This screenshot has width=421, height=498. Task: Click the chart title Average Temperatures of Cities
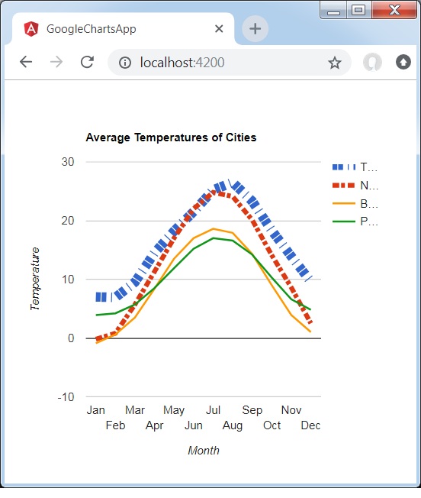[x=171, y=138]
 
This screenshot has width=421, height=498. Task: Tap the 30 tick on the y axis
[x=68, y=162]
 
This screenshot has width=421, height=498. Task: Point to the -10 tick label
[x=66, y=397]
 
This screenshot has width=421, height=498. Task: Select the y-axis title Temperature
[x=35, y=279]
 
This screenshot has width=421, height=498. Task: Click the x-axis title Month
[x=204, y=451]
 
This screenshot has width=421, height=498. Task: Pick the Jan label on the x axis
[x=96, y=410]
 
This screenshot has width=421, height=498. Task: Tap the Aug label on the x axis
[x=233, y=425]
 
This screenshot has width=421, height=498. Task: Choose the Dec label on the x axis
[x=310, y=425]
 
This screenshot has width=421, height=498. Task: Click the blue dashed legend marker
[x=344, y=167]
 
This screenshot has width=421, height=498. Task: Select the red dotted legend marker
[x=344, y=186]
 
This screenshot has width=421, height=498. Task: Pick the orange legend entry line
[x=344, y=204]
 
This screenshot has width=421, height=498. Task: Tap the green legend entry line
[x=344, y=222]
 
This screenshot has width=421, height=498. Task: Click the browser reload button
[x=87, y=63]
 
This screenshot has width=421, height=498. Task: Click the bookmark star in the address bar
[x=335, y=63]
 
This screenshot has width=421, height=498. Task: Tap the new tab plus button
[x=255, y=29]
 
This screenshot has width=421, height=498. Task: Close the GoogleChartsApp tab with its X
[x=219, y=29]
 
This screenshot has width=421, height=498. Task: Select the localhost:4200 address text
[x=182, y=63]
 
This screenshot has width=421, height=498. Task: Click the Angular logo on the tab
[x=31, y=29]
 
